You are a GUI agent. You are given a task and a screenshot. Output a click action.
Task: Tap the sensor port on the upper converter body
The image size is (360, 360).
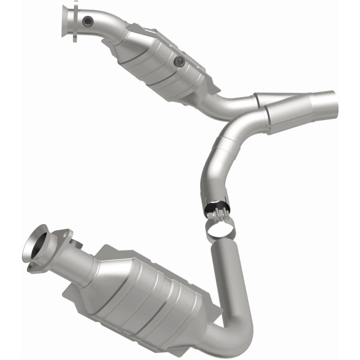point(180,61)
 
